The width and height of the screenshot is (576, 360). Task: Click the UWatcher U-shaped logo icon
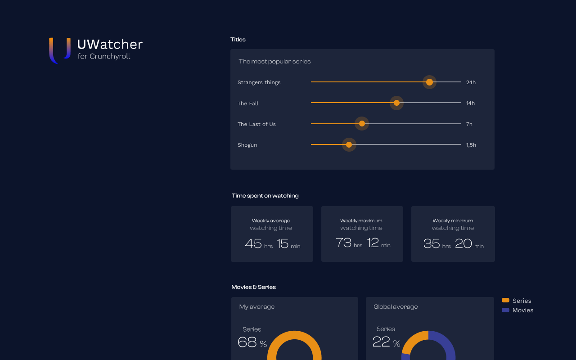60,50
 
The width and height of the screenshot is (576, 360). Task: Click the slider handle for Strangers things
429,82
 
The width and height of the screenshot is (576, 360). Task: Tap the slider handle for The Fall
396,103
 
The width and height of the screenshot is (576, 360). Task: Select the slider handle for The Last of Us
362,124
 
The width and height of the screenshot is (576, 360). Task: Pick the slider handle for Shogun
349,145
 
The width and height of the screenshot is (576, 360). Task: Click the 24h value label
471,82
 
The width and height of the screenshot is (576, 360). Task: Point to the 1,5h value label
471,145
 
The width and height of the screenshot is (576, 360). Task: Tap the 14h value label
470,103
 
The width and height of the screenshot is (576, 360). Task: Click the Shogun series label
247,145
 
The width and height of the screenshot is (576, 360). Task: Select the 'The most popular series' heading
274,61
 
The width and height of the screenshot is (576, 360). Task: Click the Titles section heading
238,40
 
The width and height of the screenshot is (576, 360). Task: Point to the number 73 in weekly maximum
343,243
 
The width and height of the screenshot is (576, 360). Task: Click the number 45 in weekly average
253,244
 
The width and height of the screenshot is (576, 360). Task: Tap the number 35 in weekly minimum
432,244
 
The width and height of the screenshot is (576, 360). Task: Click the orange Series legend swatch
505,300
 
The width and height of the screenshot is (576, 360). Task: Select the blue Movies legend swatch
505,310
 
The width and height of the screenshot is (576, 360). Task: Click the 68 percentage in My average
247,342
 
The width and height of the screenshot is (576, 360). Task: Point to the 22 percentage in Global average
381,342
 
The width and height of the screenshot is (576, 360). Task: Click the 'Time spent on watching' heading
265,196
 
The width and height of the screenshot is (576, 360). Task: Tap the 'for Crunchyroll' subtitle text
103,56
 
